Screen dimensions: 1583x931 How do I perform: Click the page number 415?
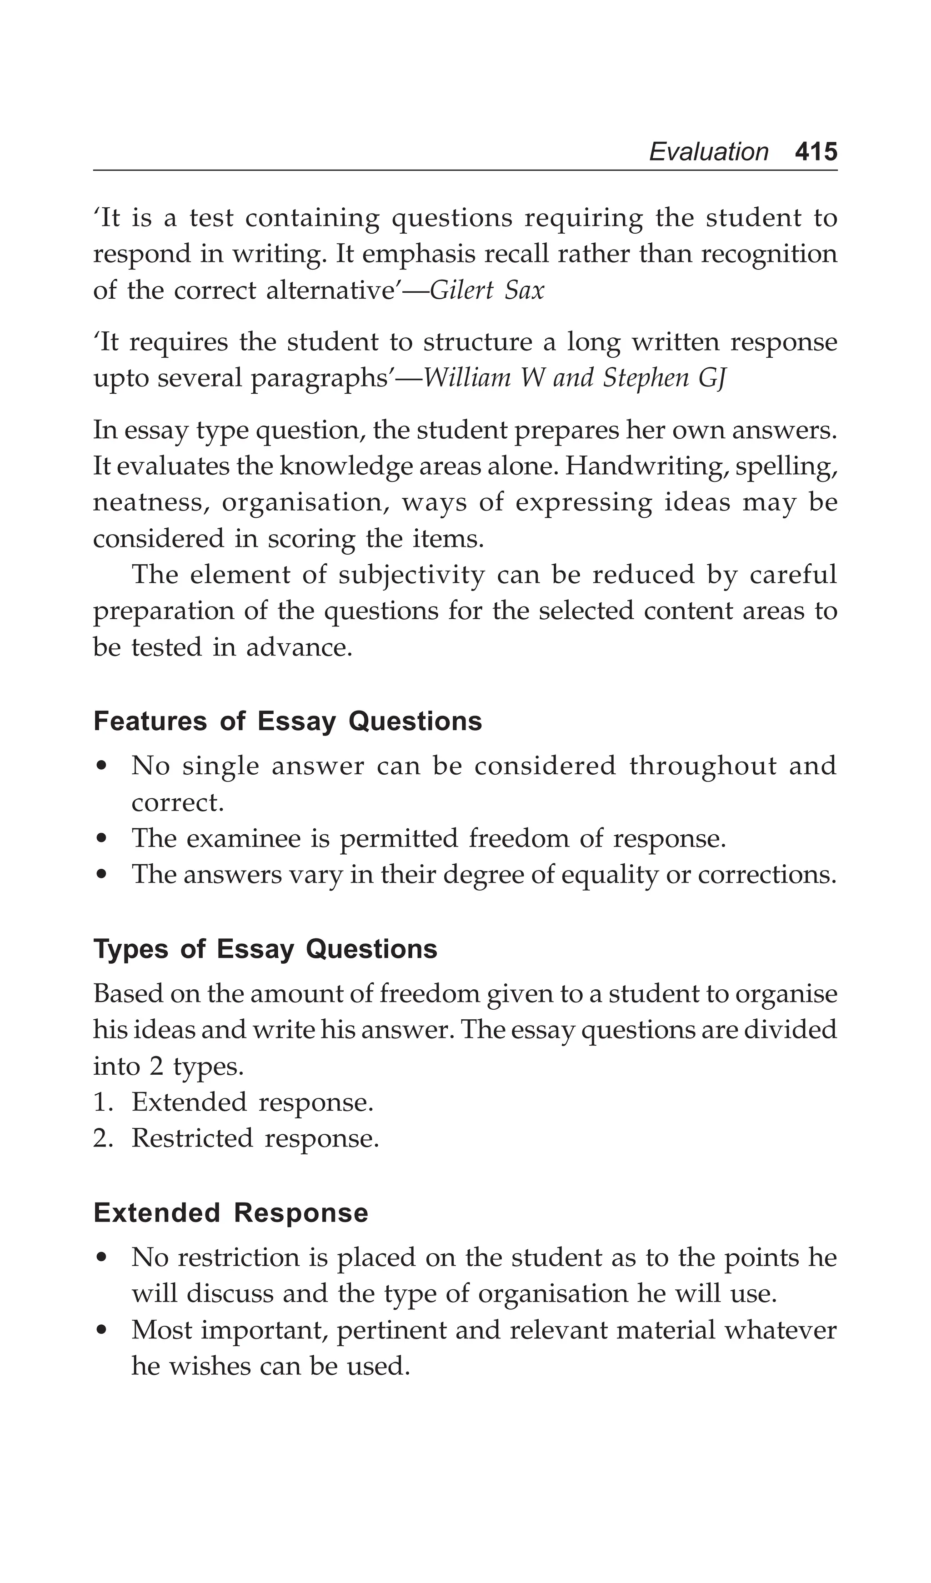coord(816,152)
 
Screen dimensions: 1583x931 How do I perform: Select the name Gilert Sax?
coord(487,291)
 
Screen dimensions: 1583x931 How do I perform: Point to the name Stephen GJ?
coord(664,378)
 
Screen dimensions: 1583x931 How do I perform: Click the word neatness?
coord(150,503)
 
